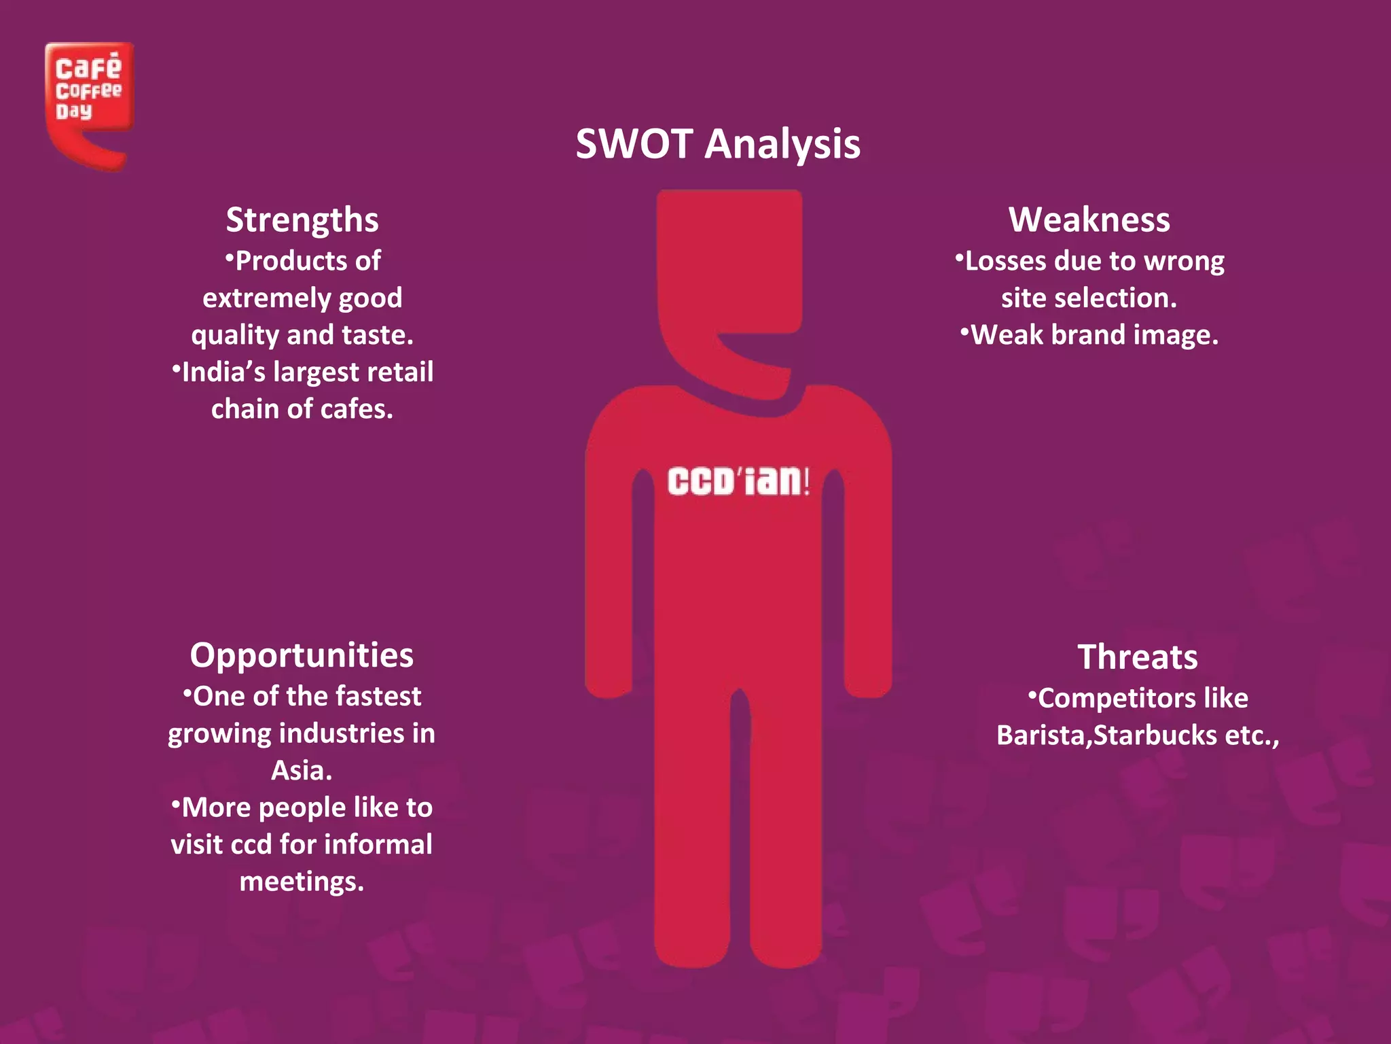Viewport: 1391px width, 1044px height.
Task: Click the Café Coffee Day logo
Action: tap(89, 102)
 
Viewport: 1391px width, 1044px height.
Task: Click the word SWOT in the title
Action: tap(634, 144)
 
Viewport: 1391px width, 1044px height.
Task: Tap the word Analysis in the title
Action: tap(782, 145)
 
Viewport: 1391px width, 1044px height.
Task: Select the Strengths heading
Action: tap(302, 220)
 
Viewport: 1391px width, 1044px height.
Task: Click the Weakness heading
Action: tap(1089, 220)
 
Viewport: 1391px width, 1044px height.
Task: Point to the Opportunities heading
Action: tap(302, 655)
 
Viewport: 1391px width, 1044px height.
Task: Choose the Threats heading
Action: tap(1137, 657)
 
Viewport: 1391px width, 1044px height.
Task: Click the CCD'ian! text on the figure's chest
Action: tap(738, 481)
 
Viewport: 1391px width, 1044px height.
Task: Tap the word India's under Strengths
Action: tap(223, 372)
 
